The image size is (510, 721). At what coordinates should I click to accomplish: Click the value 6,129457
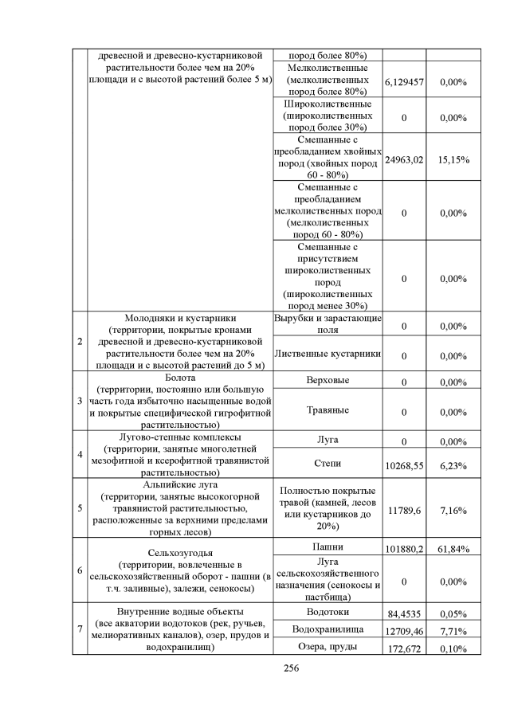(403, 82)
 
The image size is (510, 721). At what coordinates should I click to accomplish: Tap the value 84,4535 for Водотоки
(403, 614)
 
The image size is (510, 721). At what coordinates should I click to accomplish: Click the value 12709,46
(403, 632)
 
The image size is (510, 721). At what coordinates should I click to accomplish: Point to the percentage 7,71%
(453, 632)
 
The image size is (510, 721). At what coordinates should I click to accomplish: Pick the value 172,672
(403, 649)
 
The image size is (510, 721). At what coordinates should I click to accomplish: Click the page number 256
(290, 668)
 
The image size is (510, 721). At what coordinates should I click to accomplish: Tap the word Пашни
(328, 547)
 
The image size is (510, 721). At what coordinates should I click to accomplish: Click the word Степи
(328, 460)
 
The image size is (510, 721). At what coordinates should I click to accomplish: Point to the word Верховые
(328, 380)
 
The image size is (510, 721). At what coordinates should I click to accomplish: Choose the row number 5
(79, 508)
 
